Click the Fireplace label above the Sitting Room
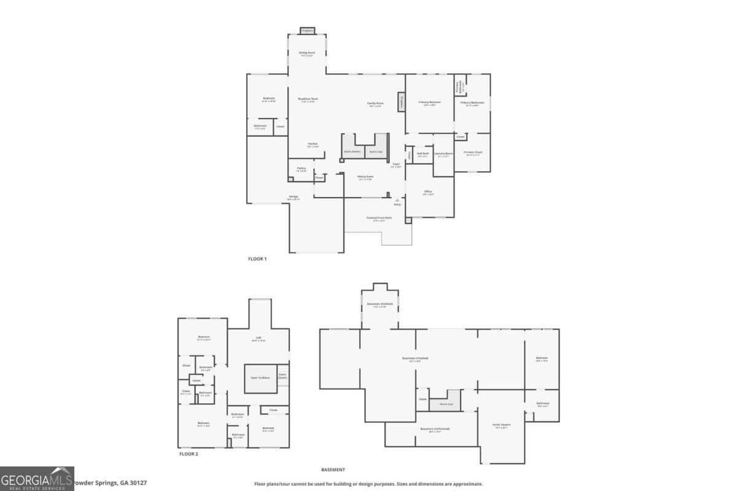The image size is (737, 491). (307, 30)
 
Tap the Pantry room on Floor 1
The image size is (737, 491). (301, 169)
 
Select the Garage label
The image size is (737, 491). (294, 198)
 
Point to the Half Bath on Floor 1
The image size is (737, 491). (423, 155)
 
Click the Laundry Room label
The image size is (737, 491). (443, 155)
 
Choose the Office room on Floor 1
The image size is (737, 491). (428, 193)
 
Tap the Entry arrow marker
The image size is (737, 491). (397, 200)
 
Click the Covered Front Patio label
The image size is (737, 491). (379, 219)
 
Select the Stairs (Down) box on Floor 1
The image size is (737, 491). (352, 151)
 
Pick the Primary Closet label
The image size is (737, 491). (473, 153)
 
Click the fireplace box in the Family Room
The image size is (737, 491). (402, 102)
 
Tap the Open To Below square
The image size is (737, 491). (260, 377)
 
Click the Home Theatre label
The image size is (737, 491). (501, 425)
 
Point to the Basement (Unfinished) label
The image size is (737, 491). (435, 430)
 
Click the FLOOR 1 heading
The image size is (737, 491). (257, 259)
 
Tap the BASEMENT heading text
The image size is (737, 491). (333, 470)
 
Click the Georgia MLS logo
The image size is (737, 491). (37, 479)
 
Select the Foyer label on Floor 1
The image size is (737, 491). (396, 165)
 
